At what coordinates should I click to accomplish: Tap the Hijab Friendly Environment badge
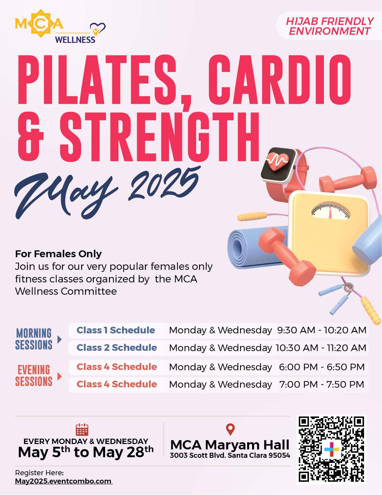(x=329, y=26)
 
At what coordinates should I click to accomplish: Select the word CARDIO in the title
(x=279, y=79)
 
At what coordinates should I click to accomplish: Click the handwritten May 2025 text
(x=107, y=192)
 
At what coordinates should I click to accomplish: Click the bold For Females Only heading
(x=58, y=254)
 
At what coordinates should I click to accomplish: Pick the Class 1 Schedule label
(x=116, y=330)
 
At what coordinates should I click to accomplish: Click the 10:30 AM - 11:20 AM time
(x=321, y=348)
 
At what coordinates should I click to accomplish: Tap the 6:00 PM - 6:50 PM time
(x=322, y=367)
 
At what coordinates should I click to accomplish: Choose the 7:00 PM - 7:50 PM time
(x=322, y=384)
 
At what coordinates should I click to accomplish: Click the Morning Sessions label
(x=34, y=339)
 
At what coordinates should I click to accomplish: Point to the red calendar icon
(x=82, y=430)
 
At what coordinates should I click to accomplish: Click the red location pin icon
(x=230, y=429)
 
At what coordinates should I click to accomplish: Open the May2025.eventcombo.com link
(x=64, y=481)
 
